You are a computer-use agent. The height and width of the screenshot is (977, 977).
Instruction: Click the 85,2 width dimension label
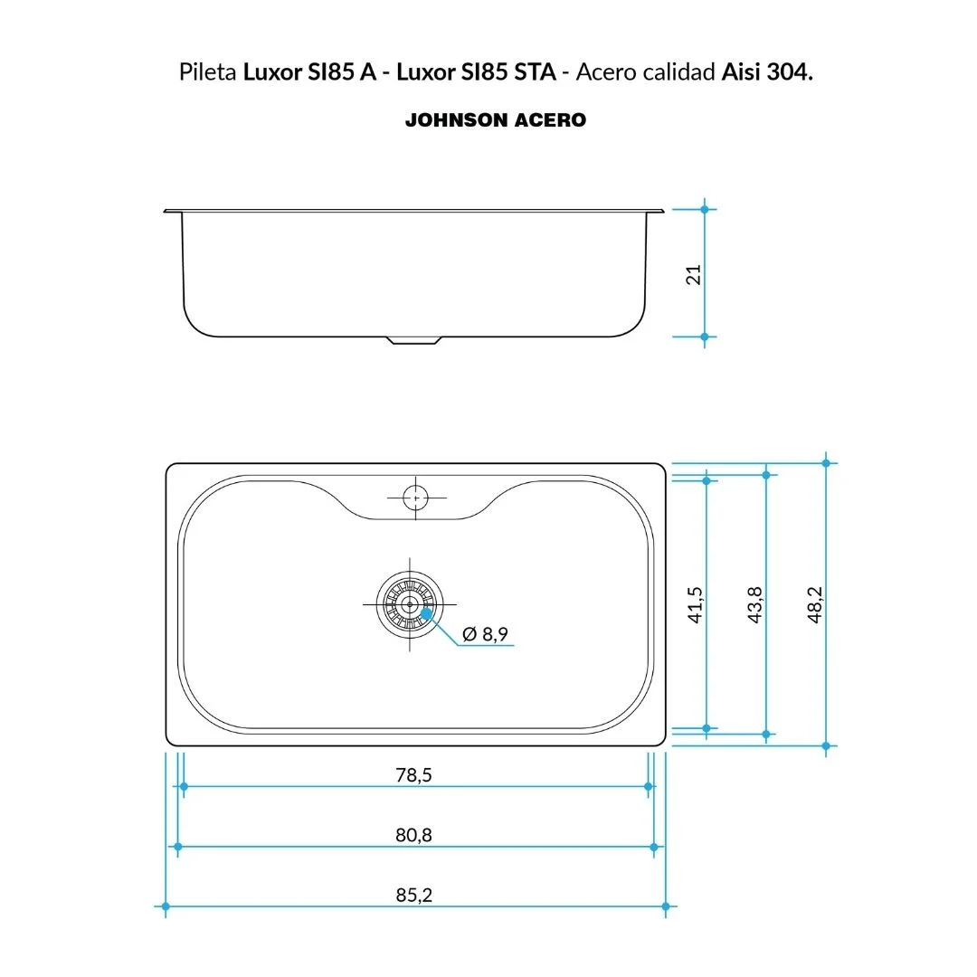(413, 895)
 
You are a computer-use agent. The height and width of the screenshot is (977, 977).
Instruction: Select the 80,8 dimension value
(413, 835)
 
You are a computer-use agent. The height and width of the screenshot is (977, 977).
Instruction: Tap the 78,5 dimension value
(413, 774)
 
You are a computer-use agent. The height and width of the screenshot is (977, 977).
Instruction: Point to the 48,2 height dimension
(814, 604)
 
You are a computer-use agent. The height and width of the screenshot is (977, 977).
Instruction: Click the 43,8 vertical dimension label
(754, 604)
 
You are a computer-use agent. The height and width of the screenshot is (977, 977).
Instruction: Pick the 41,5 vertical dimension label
(695, 604)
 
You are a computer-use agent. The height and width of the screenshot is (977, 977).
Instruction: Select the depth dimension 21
(694, 275)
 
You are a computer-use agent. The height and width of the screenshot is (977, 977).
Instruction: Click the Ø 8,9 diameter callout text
(486, 633)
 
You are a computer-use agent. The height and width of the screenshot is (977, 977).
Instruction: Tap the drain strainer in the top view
(410, 604)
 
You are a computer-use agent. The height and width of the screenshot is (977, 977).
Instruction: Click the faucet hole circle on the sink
(415, 498)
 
